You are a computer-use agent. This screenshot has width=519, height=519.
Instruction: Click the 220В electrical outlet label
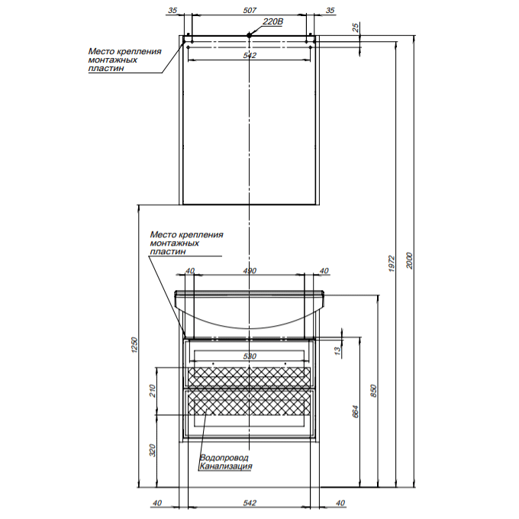click(x=273, y=22)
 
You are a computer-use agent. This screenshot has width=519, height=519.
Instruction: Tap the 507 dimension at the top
click(x=249, y=11)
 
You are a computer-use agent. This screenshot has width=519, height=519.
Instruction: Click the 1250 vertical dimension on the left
click(x=133, y=345)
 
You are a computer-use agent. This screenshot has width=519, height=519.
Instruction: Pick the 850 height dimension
click(x=374, y=390)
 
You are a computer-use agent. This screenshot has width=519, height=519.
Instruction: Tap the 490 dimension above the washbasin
click(x=250, y=271)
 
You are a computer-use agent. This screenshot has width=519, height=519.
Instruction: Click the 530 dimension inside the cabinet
click(x=250, y=356)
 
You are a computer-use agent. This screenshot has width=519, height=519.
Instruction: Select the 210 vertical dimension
click(x=153, y=391)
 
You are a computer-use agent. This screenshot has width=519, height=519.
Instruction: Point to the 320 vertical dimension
click(x=153, y=450)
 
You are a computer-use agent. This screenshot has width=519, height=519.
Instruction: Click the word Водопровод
click(x=224, y=457)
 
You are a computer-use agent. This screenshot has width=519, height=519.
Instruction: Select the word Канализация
click(x=226, y=466)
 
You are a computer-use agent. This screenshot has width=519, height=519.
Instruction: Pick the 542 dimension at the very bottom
click(x=250, y=501)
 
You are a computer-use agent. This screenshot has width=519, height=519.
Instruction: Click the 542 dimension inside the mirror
click(x=250, y=56)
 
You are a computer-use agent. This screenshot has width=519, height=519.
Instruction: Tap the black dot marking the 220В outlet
click(x=250, y=35)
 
